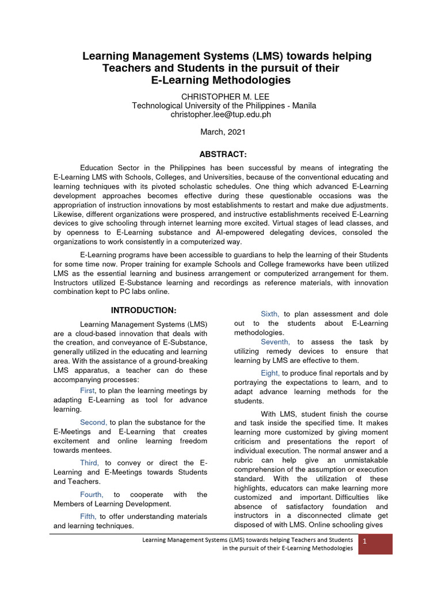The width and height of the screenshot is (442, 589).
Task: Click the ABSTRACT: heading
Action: click(223, 155)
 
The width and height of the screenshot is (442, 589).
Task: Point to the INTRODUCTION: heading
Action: click(143, 311)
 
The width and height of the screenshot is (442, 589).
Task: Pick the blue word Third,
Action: click(89, 462)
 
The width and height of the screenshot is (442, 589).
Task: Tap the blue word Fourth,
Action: click(92, 494)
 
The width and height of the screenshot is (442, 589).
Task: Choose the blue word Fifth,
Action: click(89, 517)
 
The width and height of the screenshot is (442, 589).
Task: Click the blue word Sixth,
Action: click(270, 314)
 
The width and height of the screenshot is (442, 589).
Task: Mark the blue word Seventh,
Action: click(275, 342)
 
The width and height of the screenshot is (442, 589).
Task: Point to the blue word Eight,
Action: click(270, 373)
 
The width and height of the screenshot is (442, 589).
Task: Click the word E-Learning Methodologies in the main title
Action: click(221, 80)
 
